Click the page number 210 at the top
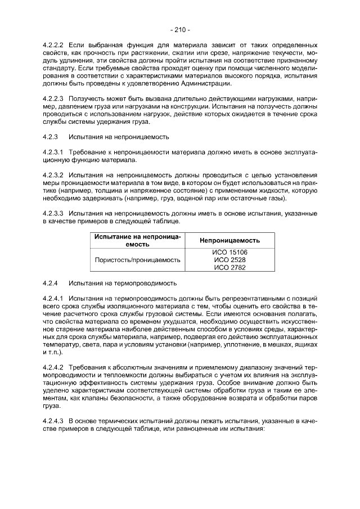[179, 29]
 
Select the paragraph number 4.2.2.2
[54, 44]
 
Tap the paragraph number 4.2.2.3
[54, 97]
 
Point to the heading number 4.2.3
[51, 137]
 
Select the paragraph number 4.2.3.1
[54, 152]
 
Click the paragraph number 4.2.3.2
[54, 175]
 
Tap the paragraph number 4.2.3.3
[54, 214]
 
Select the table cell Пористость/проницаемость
[137, 260]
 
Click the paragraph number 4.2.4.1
[54, 298]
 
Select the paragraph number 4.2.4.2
[54, 367]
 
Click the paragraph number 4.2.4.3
[54, 420]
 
